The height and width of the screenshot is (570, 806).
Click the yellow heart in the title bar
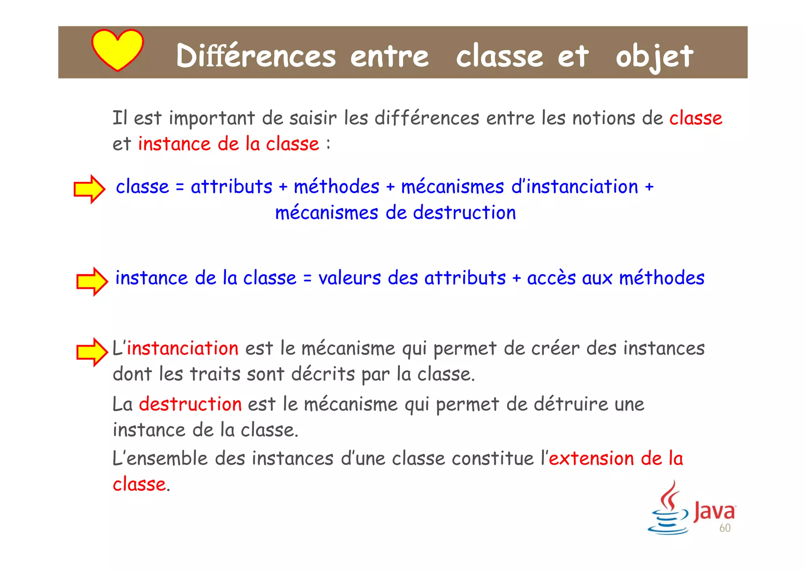(x=117, y=49)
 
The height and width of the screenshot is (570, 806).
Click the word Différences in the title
(x=256, y=56)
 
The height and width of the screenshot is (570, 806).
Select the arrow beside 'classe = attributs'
(x=90, y=189)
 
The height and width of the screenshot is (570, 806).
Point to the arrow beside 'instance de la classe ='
(x=92, y=281)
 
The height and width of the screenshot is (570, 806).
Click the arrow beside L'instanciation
(x=92, y=352)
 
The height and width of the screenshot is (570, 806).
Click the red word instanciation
(x=183, y=349)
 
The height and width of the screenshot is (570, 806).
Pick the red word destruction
(x=190, y=404)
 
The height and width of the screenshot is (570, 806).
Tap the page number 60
(x=725, y=528)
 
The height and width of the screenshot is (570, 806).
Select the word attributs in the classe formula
(x=231, y=187)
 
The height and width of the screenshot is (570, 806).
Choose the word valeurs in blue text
(x=349, y=278)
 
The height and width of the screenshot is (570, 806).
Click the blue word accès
(x=551, y=278)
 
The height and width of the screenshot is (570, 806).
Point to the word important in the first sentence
(x=212, y=118)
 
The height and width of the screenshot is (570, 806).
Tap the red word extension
(x=591, y=459)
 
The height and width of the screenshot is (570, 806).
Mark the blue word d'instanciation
(x=575, y=187)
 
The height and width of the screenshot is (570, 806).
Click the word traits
(x=215, y=374)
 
